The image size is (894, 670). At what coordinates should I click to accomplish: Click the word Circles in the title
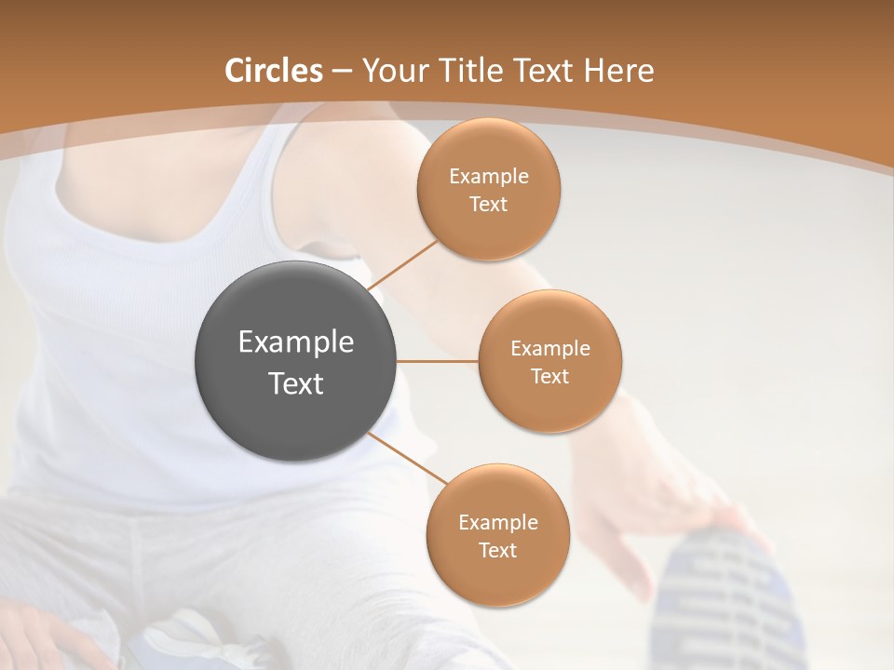pos(273,71)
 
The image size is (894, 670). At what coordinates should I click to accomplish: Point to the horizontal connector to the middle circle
pos(438,361)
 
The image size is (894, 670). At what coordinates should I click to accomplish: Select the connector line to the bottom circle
pos(409,458)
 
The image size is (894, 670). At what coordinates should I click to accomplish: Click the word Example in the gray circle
pos(296,342)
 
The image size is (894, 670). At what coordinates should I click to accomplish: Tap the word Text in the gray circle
pos(296,383)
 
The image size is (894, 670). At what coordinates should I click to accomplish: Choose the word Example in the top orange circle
pos(489,176)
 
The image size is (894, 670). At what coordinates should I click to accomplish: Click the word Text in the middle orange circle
pos(549,376)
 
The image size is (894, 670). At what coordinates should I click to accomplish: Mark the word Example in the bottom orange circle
pos(498,522)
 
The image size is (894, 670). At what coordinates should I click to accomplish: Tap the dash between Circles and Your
pos(341,71)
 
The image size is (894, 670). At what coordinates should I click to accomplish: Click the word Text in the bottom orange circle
pos(497,550)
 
